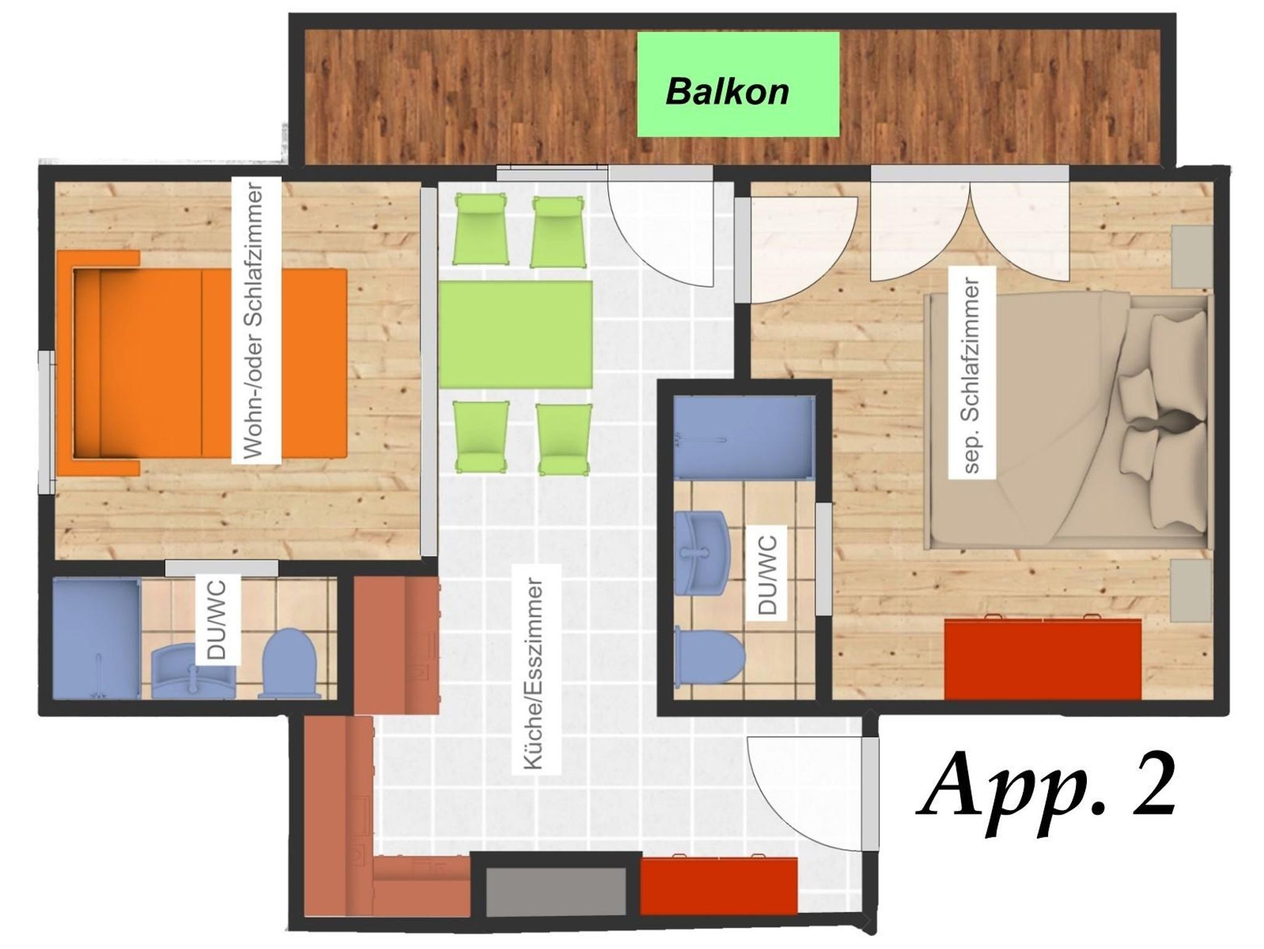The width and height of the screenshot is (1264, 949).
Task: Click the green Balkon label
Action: coord(738,85)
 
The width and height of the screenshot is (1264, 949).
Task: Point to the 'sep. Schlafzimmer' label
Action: coord(971,371)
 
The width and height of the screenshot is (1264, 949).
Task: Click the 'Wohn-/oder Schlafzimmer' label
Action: coord(255,320)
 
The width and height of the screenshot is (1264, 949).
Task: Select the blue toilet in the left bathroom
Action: coord(290,664)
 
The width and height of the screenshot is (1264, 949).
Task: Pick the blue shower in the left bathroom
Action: coord(97,638)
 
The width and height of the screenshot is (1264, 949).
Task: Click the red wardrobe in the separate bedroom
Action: coord(1042,659)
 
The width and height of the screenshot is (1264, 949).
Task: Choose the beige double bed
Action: coord(1067,421)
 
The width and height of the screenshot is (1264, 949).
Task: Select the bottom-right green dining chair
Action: coord(564,439)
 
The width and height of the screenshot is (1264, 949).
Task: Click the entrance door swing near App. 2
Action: coord(805,794)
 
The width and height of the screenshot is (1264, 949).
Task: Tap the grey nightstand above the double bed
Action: coord(1192,256)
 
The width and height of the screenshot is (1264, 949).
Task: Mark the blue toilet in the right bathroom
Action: coord(709,656)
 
